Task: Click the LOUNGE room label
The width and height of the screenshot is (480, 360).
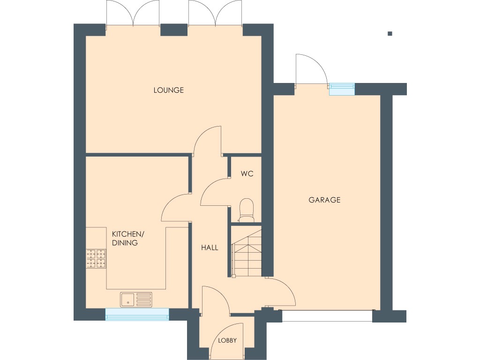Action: pos(168,90)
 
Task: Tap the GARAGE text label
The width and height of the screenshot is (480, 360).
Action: pos(324,200)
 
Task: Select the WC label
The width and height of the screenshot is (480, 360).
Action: pos(247,174)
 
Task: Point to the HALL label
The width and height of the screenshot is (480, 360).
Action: pos(210,247)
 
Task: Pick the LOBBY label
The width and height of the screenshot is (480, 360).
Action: pos(227,341)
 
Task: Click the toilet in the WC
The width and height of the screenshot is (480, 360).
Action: pos(246,210)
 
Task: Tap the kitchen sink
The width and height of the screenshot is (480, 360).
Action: pos(136,299)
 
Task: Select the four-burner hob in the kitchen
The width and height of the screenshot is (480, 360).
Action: pos(96,259)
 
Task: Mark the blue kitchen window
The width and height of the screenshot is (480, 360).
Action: pos(137,314)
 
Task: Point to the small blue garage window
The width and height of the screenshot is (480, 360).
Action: pos(342,89)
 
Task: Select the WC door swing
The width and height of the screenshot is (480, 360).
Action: pos(214,192)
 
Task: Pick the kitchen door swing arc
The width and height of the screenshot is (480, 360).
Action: pos(174,208)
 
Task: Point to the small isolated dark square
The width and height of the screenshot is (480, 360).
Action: pos(390,33)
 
